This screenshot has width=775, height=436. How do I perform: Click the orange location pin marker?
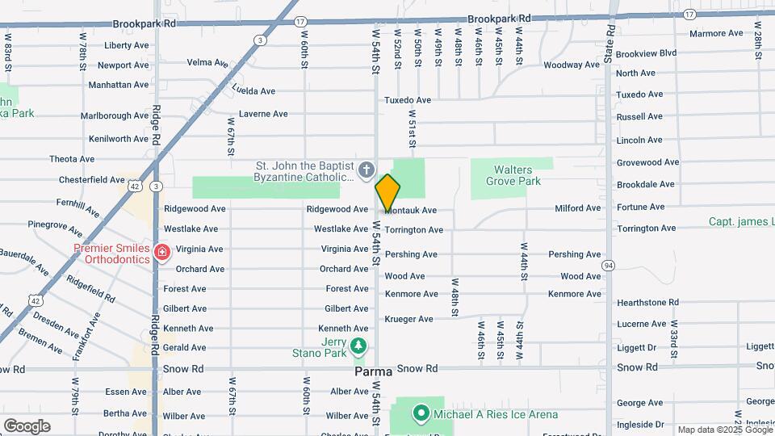click(x=387, y=192)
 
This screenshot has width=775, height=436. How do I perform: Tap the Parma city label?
click(x=374, y=372)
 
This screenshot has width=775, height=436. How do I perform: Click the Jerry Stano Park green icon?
click(x=359, y=347)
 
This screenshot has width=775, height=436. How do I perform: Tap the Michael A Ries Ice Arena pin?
click(x=420, y=414)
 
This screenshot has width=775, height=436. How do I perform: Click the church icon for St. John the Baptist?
click(x=367, y=170)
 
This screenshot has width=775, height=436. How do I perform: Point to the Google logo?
click(x=26, y=426)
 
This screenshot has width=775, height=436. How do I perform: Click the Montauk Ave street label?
click(x=412, y=210)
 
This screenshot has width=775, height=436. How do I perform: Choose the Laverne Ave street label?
click(x=263, y=114)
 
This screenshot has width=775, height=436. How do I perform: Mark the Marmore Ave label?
click(x=716, y=33)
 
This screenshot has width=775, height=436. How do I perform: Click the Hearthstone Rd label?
click(x=647, y=302)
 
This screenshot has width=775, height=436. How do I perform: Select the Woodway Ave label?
click(x=571, y=65)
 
